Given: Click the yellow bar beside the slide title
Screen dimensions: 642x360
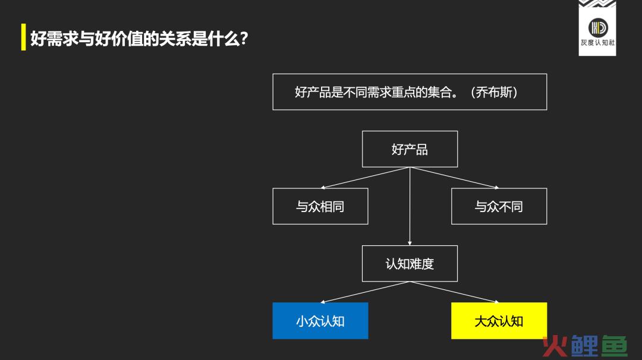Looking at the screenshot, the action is pos(23,37).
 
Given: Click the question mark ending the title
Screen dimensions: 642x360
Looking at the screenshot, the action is pos(244,39).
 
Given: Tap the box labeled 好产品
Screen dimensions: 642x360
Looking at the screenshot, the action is pos(410,149).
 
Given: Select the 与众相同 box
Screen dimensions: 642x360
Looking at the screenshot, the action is pos(320,206).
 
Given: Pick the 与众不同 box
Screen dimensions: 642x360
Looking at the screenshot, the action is pos(499,206).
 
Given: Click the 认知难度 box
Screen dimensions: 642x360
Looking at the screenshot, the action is pos(410,263).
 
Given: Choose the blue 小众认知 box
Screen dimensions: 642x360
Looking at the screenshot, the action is pos(320,321).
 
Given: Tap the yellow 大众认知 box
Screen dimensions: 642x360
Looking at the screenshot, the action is pos(499,321).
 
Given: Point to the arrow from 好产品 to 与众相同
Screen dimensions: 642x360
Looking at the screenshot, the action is pos(365,178).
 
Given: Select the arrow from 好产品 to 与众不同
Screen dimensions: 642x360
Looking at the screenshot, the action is pos(455,178).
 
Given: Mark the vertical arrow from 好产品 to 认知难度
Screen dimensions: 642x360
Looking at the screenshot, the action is pos(410,206).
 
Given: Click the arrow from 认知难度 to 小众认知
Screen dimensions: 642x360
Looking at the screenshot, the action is pos(365,292).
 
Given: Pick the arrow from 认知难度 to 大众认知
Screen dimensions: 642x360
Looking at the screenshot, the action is pos(455,292).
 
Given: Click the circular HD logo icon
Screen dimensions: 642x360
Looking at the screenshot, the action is pos(598,28).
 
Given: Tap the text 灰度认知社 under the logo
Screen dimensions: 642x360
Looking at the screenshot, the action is pos(598,43).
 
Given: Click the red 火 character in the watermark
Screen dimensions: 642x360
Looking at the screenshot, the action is pos(555,346).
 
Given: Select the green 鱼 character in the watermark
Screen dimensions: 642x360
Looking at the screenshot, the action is pos(614,346).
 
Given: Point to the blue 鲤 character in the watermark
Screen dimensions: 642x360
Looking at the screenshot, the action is pos(585,346).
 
